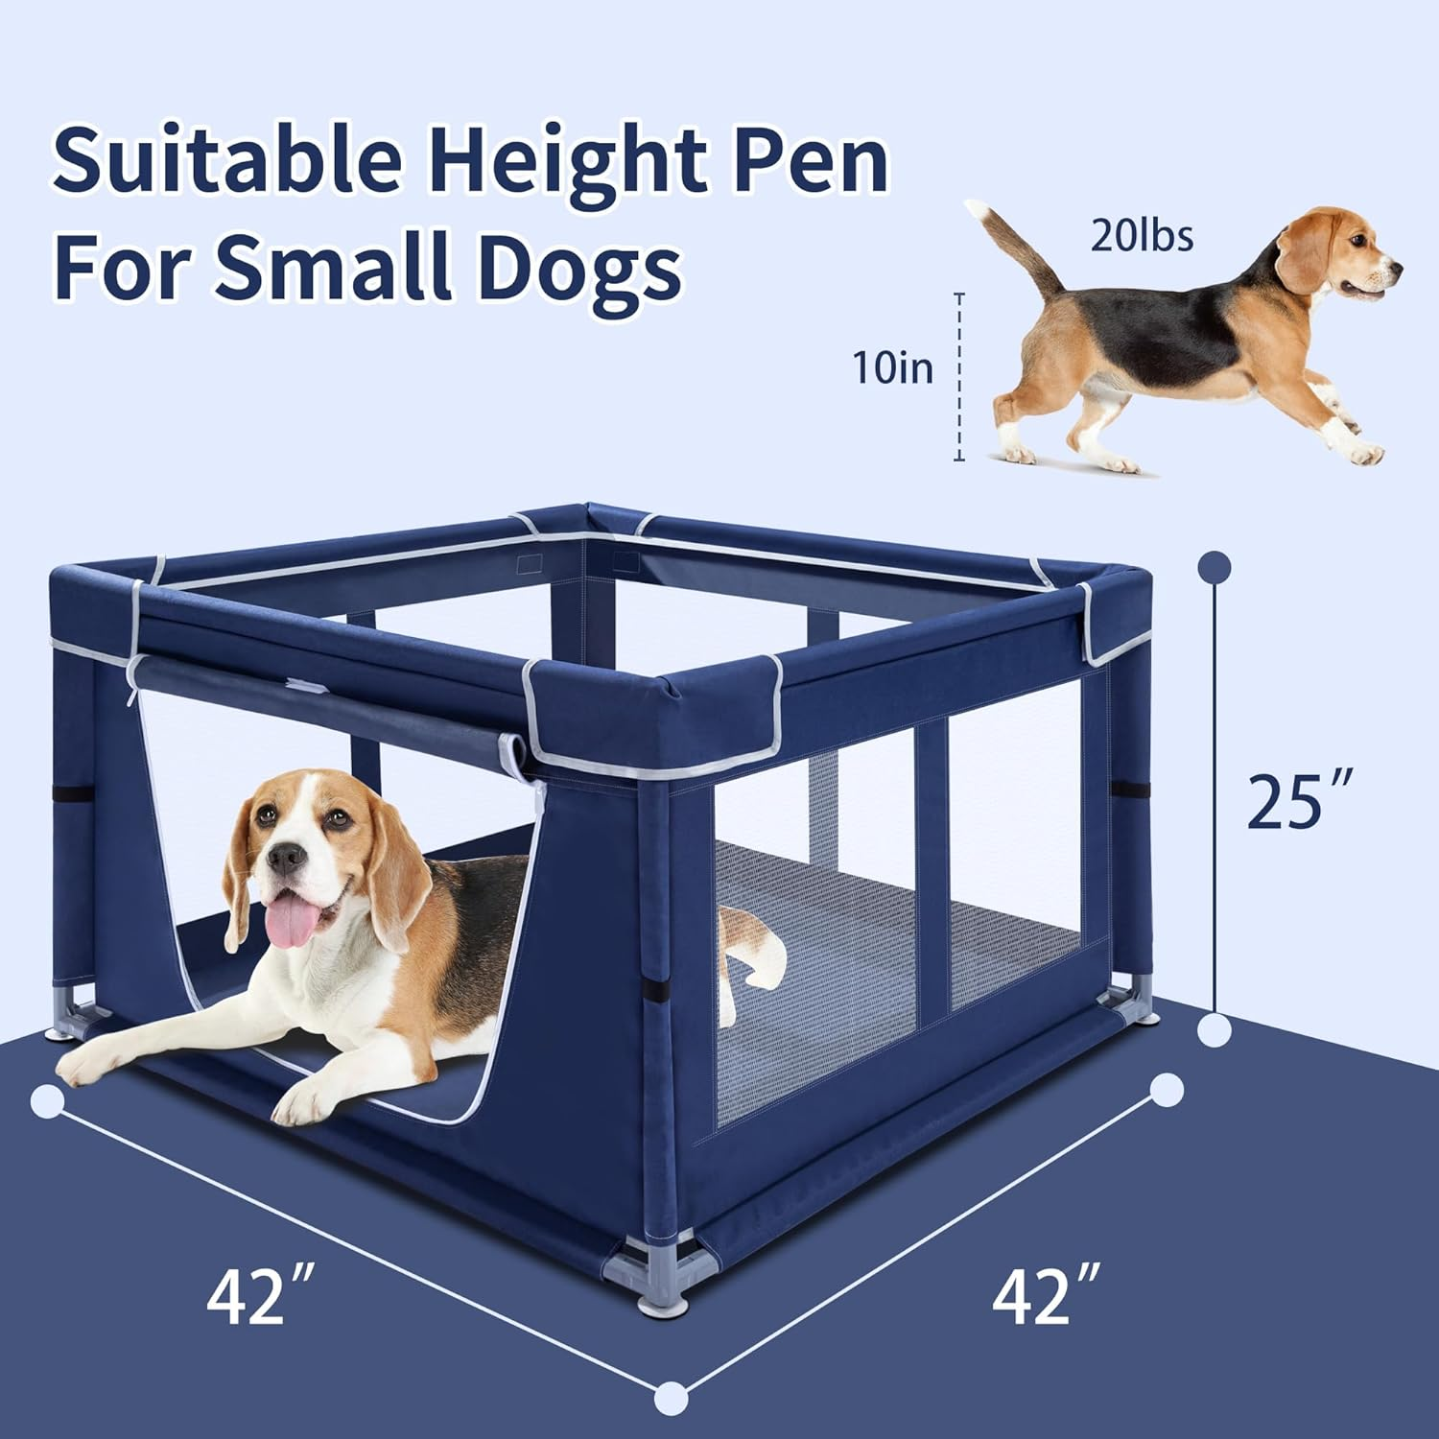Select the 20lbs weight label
point(1142,235)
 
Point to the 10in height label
point(893,367)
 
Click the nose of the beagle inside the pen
point(286,857)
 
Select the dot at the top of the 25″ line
point(1215,567)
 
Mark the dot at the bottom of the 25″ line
point(1215,1031)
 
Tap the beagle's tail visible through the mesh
point(758,945)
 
